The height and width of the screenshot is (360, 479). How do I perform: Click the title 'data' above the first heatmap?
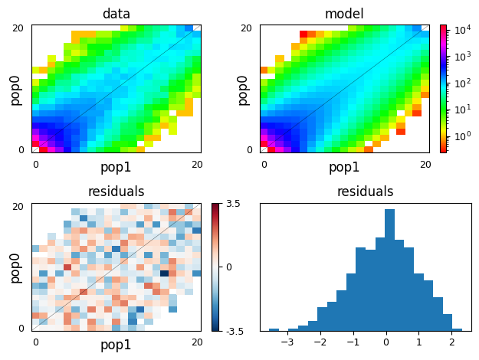point(116,14)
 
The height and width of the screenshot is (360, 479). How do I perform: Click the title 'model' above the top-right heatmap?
point(344,14)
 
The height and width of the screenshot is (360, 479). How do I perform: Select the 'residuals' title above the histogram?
point(366,191)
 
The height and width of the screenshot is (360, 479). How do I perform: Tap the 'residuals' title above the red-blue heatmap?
point(116,191)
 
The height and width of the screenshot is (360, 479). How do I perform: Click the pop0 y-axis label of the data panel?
point(15,89)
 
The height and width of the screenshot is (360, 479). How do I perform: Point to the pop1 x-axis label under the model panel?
point(344,167)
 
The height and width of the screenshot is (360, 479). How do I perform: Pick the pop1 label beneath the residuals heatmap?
point(116,345)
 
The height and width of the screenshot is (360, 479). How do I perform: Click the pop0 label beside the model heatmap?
point(243,89)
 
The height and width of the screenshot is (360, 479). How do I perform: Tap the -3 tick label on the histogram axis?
point(287,342)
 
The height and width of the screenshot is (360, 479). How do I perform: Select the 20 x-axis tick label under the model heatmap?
point(425,165)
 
